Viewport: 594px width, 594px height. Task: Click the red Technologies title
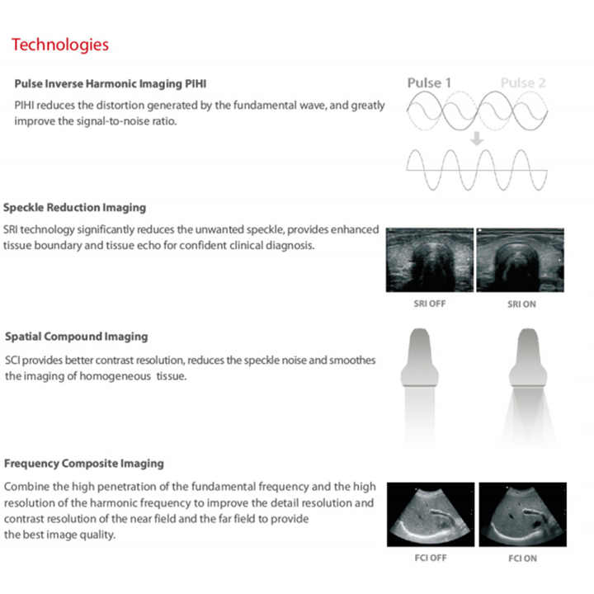tap(59, 44)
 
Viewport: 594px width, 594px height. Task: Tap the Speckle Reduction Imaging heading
tap(74, 207)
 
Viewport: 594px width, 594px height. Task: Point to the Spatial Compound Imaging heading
tap(76, 337)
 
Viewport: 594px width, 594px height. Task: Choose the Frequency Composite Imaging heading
tap(83, 464)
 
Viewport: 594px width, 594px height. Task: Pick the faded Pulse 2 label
tap(523, 82)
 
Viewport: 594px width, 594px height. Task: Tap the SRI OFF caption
tap(430, 304)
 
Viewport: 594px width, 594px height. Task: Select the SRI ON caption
tap(522, 304)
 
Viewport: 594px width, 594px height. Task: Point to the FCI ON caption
tap(522, 559)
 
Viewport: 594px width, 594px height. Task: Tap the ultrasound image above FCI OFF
tap(431, 514)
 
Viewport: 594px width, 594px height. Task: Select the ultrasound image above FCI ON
tap(523, 514)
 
